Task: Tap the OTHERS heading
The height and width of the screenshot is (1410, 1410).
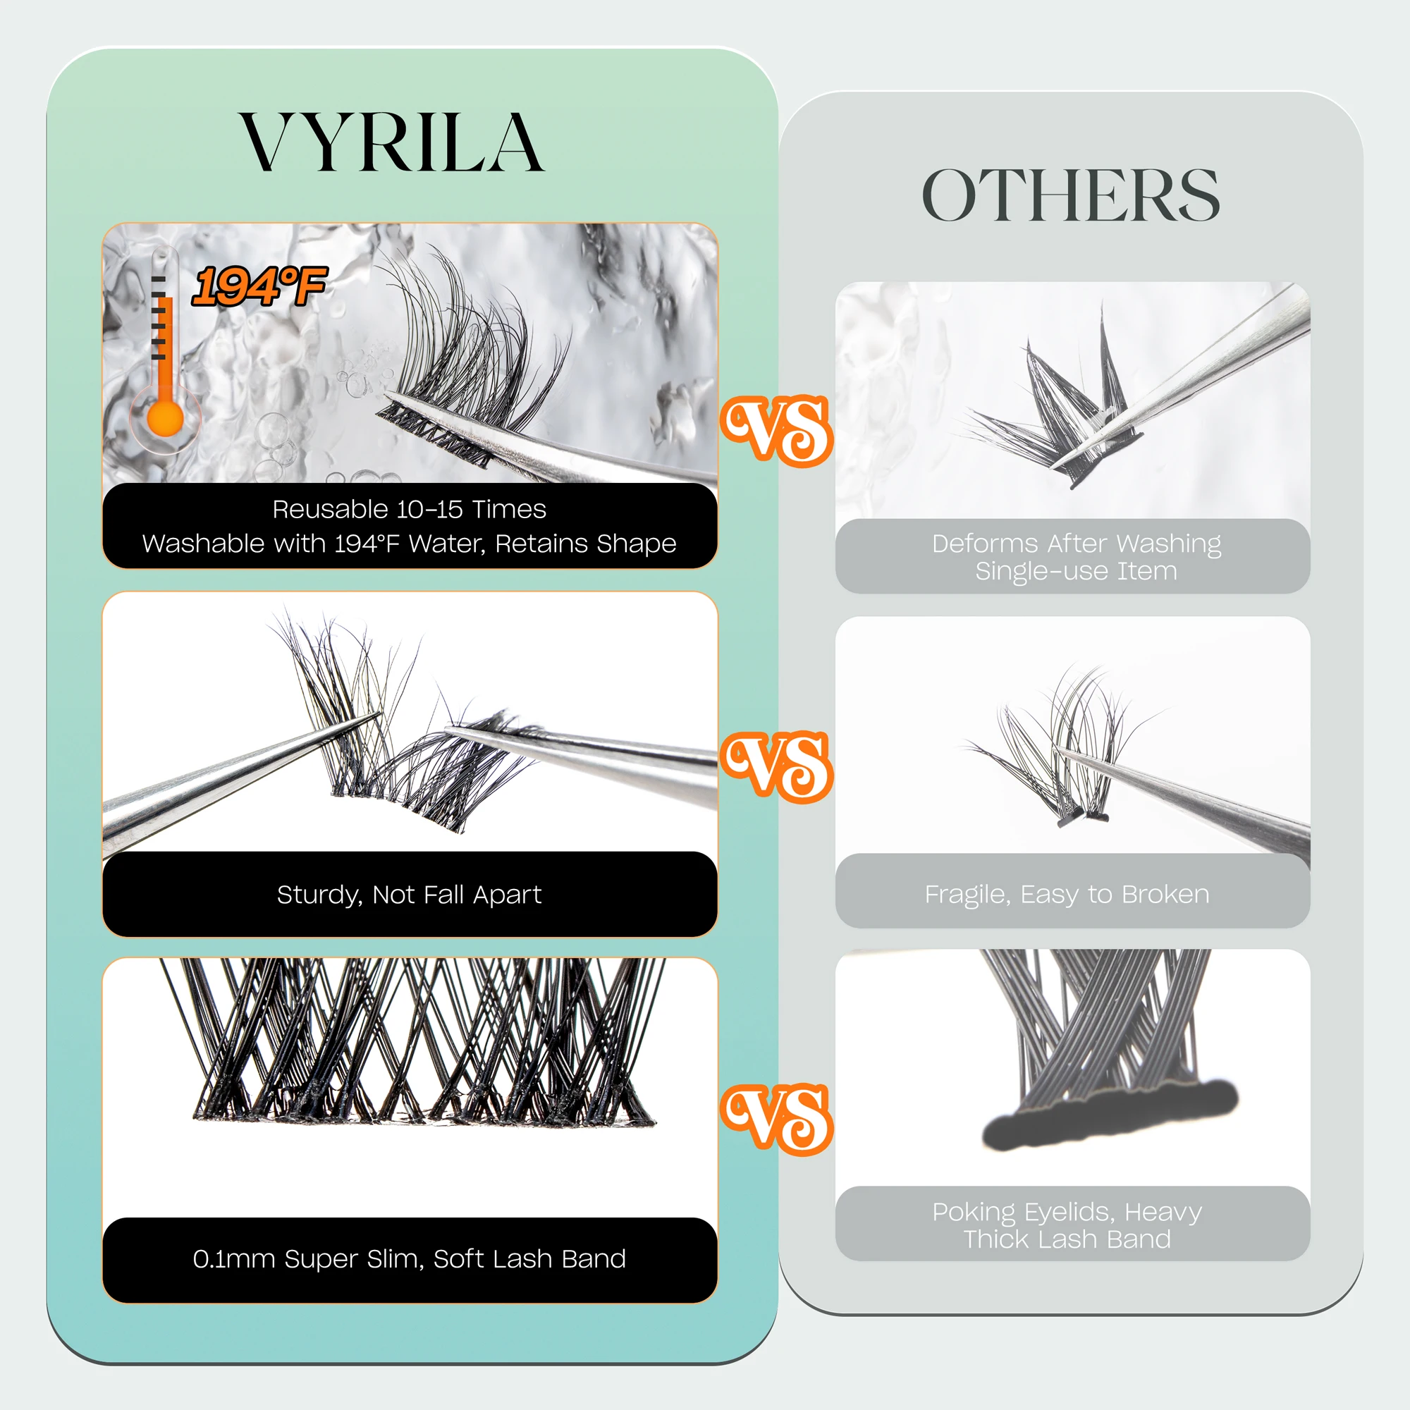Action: pyautogui.click(x=1070, y=195)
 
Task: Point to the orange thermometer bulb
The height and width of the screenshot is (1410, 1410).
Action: pyautogui.click(x=165, y=419)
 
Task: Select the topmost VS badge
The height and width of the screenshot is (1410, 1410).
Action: pyautogui.click(x=777, y=431)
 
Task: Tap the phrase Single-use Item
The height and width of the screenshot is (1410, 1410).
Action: pyautogui.click(x=1076, y=572)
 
